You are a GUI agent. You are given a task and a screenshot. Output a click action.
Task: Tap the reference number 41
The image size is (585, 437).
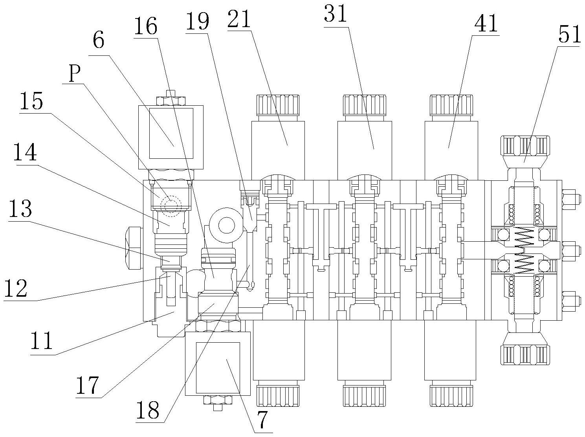(x=486, y=24)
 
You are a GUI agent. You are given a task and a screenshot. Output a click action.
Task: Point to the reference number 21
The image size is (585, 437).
(x=238, y=19)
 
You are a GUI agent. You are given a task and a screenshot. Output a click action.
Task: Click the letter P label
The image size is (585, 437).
(x=75, y=73)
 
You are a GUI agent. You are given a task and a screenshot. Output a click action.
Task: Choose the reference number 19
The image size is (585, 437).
(x=198, y=22)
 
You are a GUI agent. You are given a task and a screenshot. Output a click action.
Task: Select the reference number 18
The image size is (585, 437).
(x=148, y=411)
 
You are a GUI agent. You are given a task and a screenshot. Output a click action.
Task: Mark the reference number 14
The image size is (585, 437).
(x=25, y=152)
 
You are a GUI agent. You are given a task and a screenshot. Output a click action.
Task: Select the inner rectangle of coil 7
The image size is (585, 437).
(x=218, y=367)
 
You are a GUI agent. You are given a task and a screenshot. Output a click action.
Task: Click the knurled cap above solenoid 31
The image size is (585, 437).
(x=364, y=105)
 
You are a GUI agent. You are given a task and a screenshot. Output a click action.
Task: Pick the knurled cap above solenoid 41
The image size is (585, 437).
(x=451, y=105)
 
